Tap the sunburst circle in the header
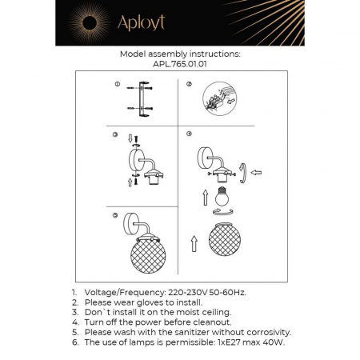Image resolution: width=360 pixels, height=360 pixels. pos(83,23)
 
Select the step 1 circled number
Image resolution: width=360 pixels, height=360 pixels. pos(116,84)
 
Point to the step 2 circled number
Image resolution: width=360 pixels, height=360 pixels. pos(190,84)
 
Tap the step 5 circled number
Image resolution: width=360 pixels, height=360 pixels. pos(116,216)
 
